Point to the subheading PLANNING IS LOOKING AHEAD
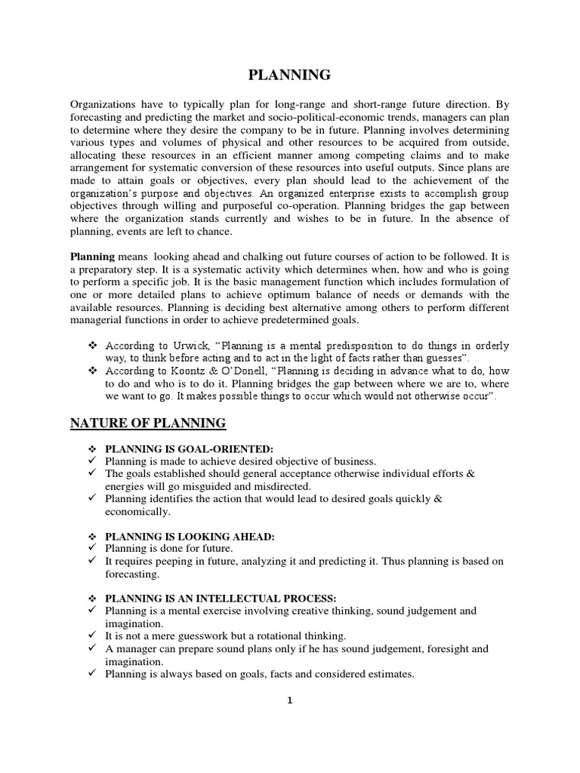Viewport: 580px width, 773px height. [x=190, y=536]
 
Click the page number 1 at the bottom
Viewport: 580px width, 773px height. [x=289, y=701]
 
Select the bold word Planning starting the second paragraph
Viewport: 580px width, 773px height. [x=93, y=256]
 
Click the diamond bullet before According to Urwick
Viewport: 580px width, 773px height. [x=94, y=345]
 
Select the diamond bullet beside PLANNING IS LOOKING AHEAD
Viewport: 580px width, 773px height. [x=94, y=536]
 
